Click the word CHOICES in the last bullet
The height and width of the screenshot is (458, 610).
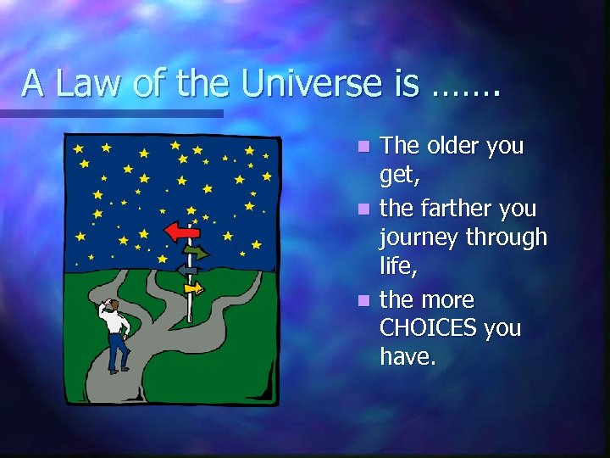click(428, 328)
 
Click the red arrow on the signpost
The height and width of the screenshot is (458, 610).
click(181, 231)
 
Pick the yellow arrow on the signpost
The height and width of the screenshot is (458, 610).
click(195, 288)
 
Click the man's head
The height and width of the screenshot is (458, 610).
click(112, 305)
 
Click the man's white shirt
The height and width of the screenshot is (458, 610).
click(116, 324)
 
